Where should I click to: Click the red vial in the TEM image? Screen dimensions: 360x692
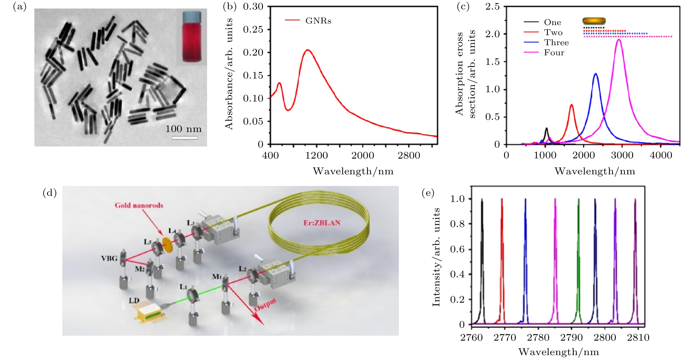192,38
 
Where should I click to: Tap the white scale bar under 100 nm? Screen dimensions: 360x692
185,138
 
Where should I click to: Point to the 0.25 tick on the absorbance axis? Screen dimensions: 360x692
253,29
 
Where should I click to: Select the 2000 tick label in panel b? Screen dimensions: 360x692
362,155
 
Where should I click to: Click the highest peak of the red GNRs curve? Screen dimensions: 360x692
308,50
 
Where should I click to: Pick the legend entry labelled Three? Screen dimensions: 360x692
556,42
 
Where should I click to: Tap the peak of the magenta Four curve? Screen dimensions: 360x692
619,40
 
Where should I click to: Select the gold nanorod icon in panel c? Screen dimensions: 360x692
594,21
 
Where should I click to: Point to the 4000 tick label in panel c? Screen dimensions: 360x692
660,155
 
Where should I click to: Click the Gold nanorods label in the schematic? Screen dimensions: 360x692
139,205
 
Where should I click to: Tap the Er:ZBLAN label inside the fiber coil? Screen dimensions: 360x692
322,223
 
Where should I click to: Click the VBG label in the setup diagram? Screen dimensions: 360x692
109,258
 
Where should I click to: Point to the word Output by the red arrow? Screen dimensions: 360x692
265,305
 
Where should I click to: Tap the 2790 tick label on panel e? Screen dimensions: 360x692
571,338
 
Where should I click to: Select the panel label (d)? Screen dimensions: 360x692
50,193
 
